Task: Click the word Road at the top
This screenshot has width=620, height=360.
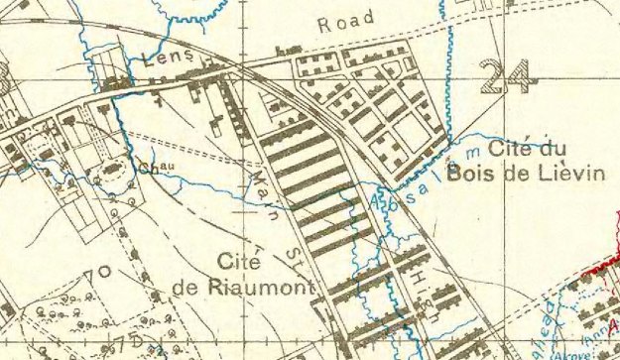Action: coord(346,21)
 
